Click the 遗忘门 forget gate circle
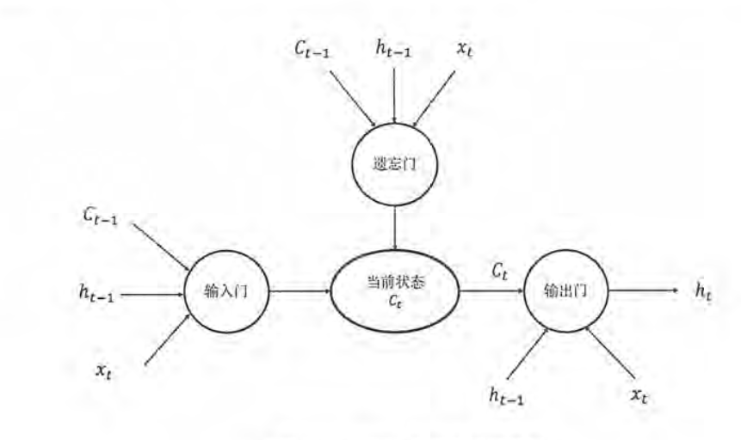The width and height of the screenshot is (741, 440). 394,163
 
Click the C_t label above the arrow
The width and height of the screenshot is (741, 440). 498,272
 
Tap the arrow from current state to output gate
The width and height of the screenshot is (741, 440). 491,290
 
